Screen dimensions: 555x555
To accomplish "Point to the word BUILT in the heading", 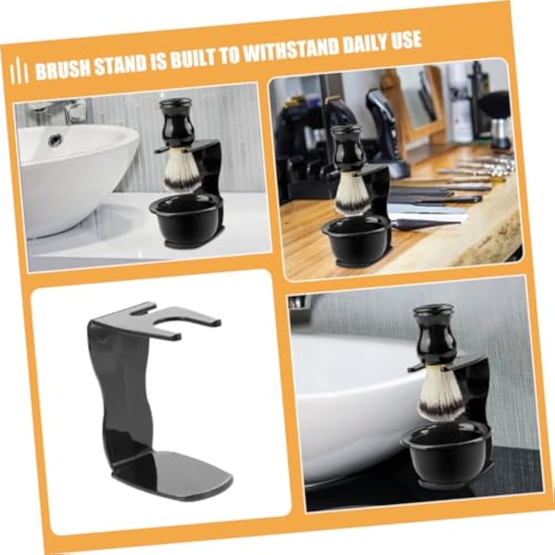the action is pyautogui.click(x=191, y=58).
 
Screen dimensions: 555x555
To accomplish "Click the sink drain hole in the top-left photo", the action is pyautogui.click(x=54, y=140).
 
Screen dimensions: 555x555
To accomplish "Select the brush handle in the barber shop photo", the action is pyautogui.click(x=347, y=150).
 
